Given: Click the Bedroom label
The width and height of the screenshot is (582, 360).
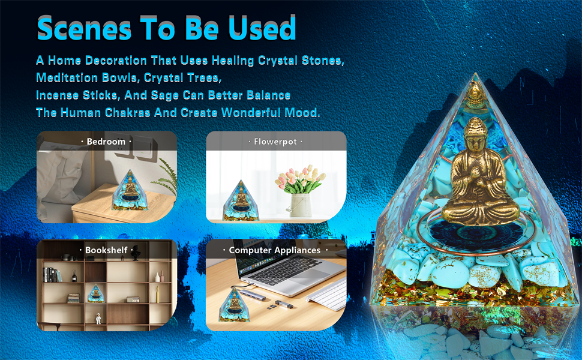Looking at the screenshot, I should (106, 142).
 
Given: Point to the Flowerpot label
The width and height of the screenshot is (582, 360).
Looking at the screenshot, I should (275, 142).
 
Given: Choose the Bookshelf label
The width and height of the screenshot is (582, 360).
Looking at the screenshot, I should (106, 250).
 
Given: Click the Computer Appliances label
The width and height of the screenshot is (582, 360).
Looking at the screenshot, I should (275, 250).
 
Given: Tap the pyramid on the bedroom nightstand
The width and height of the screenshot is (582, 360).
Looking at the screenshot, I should (127, 193).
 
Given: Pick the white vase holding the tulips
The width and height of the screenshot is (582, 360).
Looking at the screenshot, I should (301, 205).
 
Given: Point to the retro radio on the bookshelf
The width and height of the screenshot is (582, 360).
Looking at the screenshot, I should (134, 299).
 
